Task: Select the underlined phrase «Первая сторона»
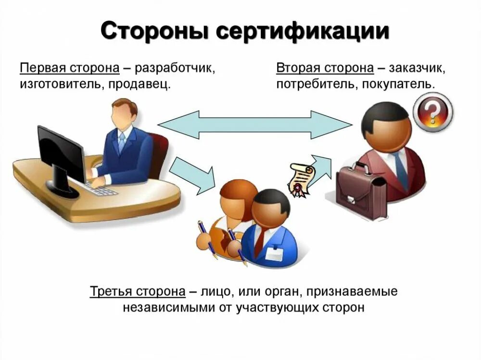69,68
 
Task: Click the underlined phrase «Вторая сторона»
325,68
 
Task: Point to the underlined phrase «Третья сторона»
137,292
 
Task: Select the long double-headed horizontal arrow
255,125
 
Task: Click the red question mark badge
433,112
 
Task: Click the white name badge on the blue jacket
274,254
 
